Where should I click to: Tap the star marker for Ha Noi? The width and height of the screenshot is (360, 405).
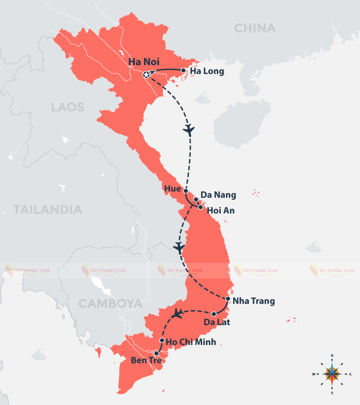147,75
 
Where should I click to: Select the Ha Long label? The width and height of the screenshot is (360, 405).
207,71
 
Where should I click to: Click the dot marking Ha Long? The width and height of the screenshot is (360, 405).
184,70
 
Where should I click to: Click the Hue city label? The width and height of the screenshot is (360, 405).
172,189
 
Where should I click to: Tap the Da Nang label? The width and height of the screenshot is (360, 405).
218,194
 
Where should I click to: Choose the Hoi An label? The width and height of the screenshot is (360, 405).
221,210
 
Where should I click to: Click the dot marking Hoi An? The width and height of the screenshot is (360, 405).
201,207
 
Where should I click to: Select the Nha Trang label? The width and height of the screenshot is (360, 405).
254,301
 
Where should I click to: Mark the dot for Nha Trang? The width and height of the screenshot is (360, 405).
228,299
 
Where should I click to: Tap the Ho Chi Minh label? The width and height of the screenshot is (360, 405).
191,342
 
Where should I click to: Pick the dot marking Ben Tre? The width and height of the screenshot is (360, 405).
156,353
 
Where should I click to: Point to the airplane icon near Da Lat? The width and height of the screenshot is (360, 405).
178,314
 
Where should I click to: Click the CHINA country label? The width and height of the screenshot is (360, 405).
255,28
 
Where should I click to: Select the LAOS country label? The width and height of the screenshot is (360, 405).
67,107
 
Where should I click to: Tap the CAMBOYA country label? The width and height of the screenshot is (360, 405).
110,304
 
